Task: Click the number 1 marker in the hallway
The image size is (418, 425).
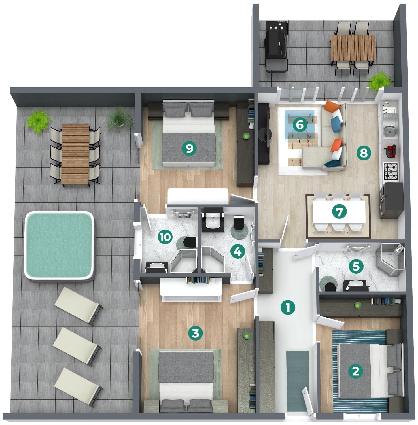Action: [x=288, y=307]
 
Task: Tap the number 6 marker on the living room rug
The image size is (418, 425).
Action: [x=300, y=125]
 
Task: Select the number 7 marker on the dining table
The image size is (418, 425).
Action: [x=339, y=212]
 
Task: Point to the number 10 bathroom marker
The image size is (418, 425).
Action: [x=165, y=237]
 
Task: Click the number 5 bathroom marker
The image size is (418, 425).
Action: [x=356, y=266]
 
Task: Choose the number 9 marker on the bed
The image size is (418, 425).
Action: [x=189, y=148]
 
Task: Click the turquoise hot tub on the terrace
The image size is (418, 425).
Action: [x=59, y=246]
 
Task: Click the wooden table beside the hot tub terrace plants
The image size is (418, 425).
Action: [x=75, y=154]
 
